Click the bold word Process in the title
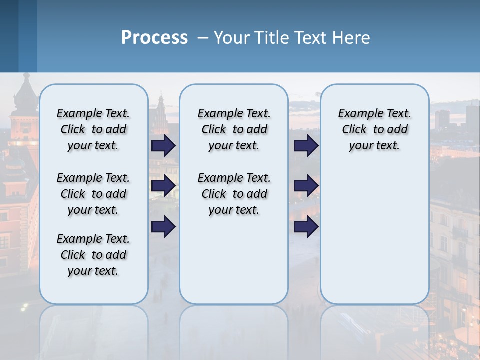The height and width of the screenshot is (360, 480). [154, 38]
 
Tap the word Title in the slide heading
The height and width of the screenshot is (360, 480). [271, 38]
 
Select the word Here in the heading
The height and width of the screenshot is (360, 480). [351, 38]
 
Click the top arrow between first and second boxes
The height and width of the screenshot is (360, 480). [163, 145]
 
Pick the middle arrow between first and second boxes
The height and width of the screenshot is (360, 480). [163, 186]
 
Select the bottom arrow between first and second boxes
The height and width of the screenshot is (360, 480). [163, 227]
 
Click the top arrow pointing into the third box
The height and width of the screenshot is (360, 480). [306, 145]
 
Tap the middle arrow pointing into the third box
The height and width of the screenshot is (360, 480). [306, 186]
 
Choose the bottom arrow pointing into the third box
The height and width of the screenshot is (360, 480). [306, 227]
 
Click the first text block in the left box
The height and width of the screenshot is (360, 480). [93, 129]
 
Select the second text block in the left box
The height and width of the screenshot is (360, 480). [93, 194]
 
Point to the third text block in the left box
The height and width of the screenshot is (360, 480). [93, 255]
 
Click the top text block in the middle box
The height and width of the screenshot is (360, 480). [234, 129]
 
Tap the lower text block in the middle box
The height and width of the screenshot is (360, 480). [234, 194]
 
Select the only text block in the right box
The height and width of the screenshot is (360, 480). [374, 129]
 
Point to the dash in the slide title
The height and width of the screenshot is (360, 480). [202, 38]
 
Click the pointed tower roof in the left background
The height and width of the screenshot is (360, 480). [26, 90]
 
